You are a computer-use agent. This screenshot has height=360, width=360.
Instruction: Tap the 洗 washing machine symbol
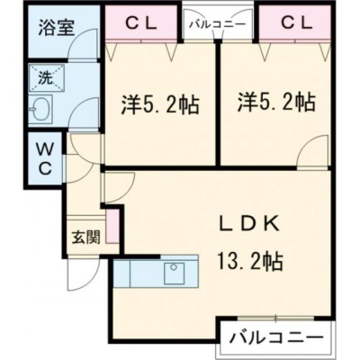[47, 77]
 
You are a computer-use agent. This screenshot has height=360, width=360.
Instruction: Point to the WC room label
[44, 159]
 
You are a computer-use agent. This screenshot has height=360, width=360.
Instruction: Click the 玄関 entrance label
[85, 238]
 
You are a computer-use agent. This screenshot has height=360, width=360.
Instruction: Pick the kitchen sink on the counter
[174, 274]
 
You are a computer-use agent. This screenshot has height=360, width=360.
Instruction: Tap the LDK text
[249, 224]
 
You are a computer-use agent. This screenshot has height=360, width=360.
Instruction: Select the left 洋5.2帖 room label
[160, 104]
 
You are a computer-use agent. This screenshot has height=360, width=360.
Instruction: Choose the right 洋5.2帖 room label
[276, 102]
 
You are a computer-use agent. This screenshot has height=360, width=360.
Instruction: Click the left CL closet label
[140, 24]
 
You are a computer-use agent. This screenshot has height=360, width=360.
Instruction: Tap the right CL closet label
[297, 24]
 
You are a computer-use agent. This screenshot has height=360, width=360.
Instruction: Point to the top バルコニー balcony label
[217, 24]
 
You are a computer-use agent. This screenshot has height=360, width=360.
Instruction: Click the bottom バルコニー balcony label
[276, 337]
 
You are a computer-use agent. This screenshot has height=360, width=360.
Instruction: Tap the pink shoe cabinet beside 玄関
[112, 227]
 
